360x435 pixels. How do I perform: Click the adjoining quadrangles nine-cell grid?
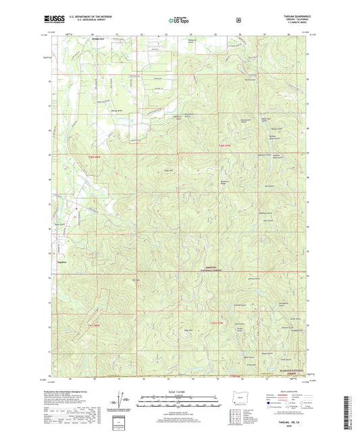click(x=236, y=418)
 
